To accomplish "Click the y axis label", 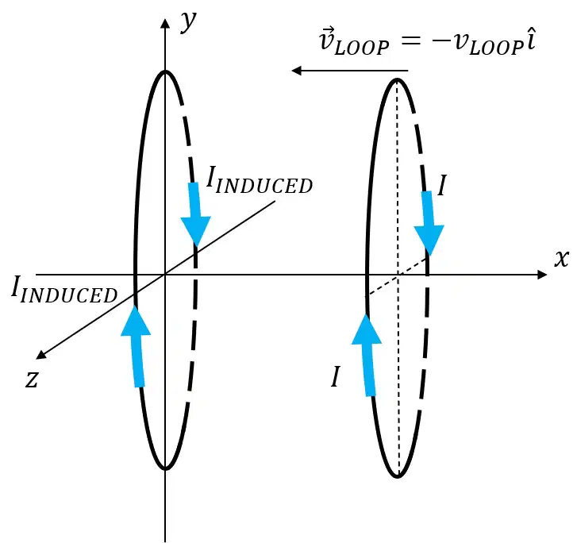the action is pos(189,22).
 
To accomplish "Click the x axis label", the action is pos(562,258).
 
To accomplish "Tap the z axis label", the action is pos(32,379).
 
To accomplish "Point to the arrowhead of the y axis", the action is pos(166,23).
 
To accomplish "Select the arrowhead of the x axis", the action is pos(542,274).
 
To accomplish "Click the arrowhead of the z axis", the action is pos(40,354).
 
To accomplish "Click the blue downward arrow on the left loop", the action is pos(195,214).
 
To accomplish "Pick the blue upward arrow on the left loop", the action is pos(137,346).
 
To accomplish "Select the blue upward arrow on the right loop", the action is pos(367,355).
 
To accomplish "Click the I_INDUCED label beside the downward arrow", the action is pos(259,180).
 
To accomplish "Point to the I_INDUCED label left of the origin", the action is pos(64,291).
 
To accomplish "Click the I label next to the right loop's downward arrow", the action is pos(442,186).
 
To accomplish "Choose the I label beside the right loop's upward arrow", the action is pos(335,376).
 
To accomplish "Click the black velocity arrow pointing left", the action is pos(349,71).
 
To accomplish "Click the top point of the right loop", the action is pos(397,79).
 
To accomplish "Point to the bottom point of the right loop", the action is pos(398,476).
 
